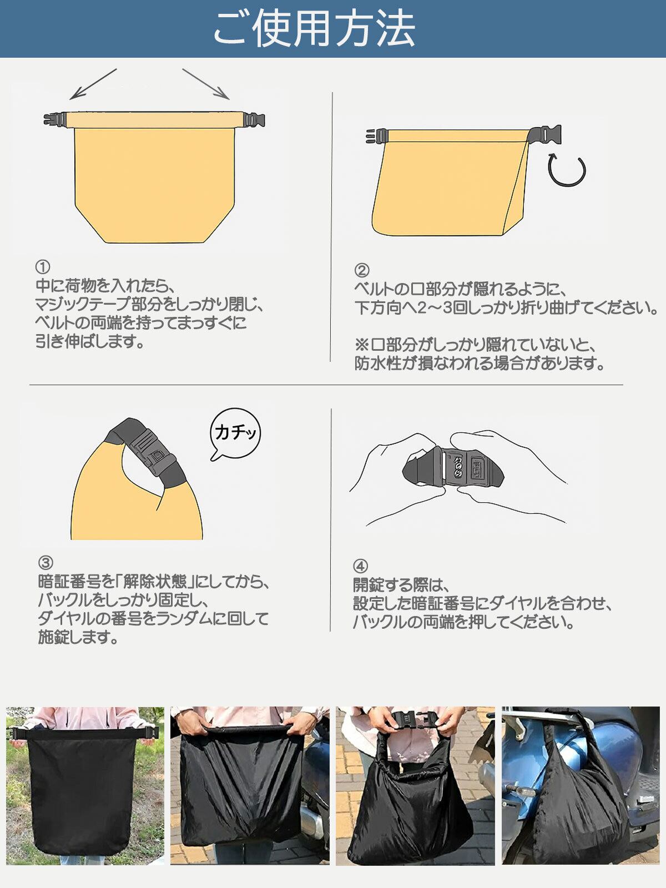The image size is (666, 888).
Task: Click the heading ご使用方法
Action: tap(314, 28)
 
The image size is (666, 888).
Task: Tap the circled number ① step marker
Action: tap(43, 267)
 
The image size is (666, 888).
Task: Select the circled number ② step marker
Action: tap(362, 270)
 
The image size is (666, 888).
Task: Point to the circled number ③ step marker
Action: tap(46, 563)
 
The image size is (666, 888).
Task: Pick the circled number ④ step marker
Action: tap(361, 566)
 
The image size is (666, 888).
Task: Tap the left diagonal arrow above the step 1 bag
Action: tap(93, 84)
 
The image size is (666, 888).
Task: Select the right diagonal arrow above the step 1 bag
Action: tap(206, 84)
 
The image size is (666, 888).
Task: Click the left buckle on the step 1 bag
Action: tap(55, 119)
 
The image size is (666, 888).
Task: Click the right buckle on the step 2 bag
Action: tap(546, 134)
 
